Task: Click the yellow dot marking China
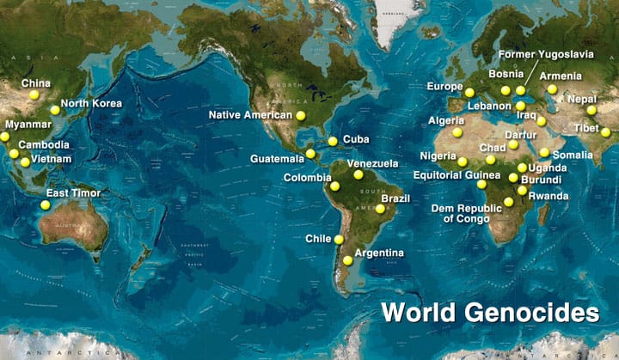click(x=34, y=95)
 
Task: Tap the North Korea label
click(x=91, y=103)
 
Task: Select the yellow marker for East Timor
click(x=45, y=204)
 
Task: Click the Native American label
click(x=251, y=114)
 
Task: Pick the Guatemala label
click(x=277, y=159)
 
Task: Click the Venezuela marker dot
click(x=359, y=174)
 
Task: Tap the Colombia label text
click(x=307, y=178)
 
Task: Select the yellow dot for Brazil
click(x=379, y=208)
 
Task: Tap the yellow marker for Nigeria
click(x=463, y=162)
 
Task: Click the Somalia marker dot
click(x=544, y=152)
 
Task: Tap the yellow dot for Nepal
click(x=591, y=110)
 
